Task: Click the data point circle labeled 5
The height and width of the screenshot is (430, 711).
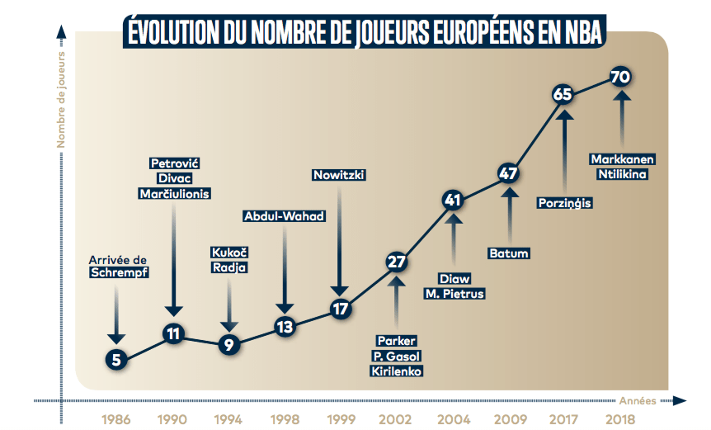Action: [x=116, y=360]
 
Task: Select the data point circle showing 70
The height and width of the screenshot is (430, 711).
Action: [x=621, y=77]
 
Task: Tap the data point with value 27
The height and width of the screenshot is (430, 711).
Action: [x=397, y=262]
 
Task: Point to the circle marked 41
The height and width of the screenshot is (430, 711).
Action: [x=452, y=199]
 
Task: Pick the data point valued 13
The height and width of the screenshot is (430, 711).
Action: [x=285, y=327]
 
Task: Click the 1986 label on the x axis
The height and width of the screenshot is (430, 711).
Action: [x=116, y=418]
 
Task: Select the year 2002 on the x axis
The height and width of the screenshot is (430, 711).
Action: [x=397, y=418]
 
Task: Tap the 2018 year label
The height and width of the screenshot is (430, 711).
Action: [x=621, y=418]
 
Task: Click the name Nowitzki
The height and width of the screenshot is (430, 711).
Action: [x=339, y=175]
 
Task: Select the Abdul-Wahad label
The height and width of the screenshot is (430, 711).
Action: [x=285, y=216]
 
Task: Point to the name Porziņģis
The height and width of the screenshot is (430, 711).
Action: [x=564, y=202]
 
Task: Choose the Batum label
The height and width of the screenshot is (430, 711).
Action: [x=508, y=253]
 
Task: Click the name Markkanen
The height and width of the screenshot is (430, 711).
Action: [x=621, y=158]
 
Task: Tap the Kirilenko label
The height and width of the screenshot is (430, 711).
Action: [x=397, y=371]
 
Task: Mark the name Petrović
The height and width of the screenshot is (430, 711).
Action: [x=174, y=163]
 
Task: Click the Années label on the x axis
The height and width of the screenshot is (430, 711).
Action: [x=638, y=400]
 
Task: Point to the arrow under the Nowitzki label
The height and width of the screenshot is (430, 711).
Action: [x=339, y=239]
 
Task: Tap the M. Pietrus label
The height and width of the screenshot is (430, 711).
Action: [x=454, y=294]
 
